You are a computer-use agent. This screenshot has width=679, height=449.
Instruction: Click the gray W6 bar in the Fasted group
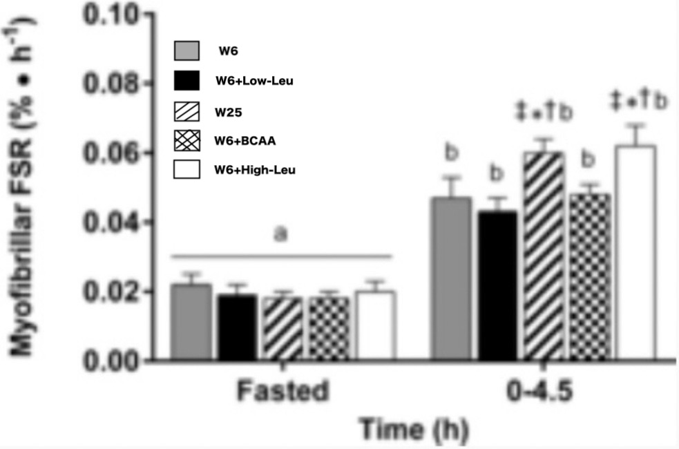tap(191, 322)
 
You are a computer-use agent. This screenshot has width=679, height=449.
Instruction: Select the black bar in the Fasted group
tap(237, 327)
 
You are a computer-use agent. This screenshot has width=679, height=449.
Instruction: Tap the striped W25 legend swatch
tap(186, 111)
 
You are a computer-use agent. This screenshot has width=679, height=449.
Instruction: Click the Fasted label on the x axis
tap(281, 392)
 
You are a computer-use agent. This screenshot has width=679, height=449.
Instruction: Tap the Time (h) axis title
tap(411, 431)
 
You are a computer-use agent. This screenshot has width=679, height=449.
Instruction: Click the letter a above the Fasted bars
tap(280, 235)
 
